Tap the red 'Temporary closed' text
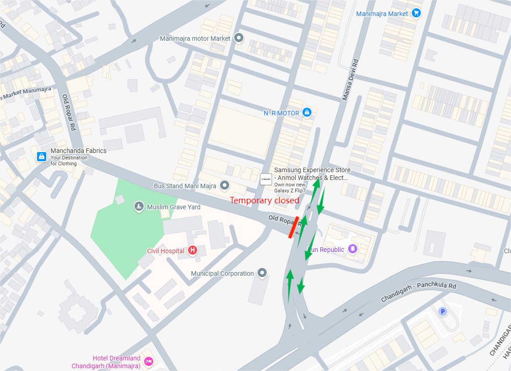(x=264, y=200)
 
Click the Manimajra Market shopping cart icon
(x=416, y=13)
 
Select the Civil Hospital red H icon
(x=193, y=251)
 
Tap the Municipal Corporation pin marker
(x=262, y=273)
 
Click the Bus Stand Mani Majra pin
(x=224, y=185)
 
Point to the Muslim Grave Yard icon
(x=139, y=207)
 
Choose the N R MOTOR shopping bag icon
(x=307, y=112)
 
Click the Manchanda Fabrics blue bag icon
(x=42, y=157)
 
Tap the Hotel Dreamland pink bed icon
(x=148, y=362)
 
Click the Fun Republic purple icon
(x=352, y=249)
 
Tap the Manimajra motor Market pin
(x=238, y=38)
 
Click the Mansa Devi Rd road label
(x=351, y=79)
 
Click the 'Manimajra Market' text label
(x=382, y=14)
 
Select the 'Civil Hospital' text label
(x=165, y=251)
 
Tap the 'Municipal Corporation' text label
(x=222, y=273)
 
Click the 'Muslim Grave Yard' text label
(x=173, y=207)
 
